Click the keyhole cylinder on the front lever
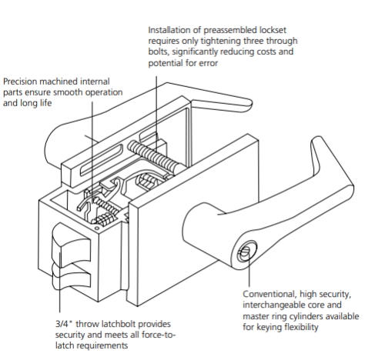246,252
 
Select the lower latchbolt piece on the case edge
72,277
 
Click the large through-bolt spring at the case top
156,155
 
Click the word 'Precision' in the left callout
20,82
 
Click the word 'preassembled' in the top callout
230,30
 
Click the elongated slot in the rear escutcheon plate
102,160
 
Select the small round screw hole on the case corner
97,228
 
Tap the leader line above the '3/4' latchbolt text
60,282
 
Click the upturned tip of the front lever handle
317,141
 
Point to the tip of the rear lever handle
249,105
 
